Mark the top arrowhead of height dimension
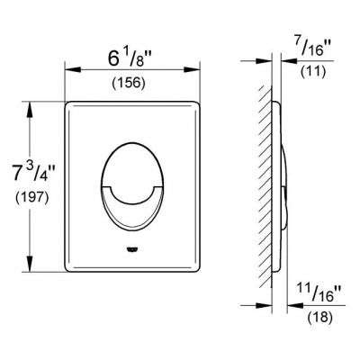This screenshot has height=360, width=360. [x=33, y=105]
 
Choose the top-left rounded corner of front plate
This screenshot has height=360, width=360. [x=70, y=106]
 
